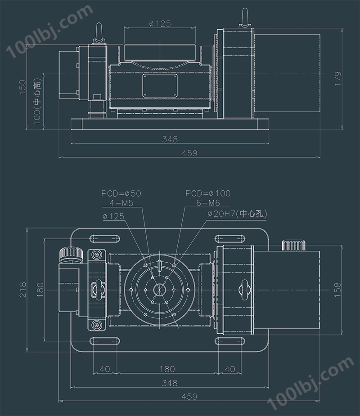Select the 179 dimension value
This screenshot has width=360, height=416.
pos(338,79)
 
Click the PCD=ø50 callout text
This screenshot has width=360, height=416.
pos(121,193)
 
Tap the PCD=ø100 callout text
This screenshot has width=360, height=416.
pos(208,193)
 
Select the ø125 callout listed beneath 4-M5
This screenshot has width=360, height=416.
pos(113,216)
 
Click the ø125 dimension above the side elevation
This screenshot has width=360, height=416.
pos(160,24)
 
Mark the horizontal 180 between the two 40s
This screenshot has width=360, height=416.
pos(167,369)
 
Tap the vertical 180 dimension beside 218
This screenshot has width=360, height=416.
pos(40,291)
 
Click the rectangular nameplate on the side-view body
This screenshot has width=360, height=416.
pos(160,84)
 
